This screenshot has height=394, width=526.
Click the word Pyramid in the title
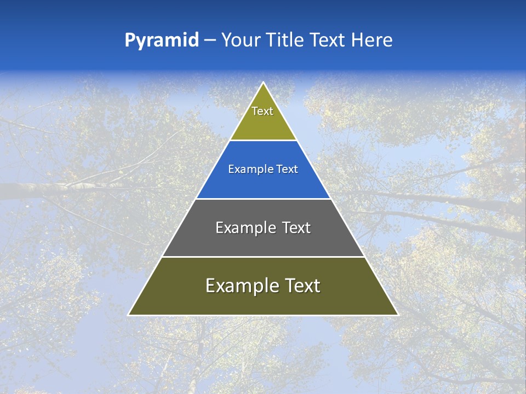(x=162, y=40)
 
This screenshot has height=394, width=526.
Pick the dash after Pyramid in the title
(x=210, y=40)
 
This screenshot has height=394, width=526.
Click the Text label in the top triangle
(x=262, y=112)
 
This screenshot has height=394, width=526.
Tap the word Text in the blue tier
(x=288, y=170)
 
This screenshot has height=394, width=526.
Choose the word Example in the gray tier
(x=244, y=228)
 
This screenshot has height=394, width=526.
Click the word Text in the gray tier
(x=297, y=228)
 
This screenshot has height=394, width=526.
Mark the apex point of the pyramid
(x=263, y=83)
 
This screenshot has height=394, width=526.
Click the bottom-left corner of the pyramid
(x=129, y=315)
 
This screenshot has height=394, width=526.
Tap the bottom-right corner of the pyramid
(x=397, y=315)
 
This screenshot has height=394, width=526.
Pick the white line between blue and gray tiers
(x=263, y=199)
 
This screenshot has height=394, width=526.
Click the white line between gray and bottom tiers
(x=263, y=257)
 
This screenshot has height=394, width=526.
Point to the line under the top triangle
(x=263, y=140)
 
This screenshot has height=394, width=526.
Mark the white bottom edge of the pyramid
(x=263, y=315)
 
